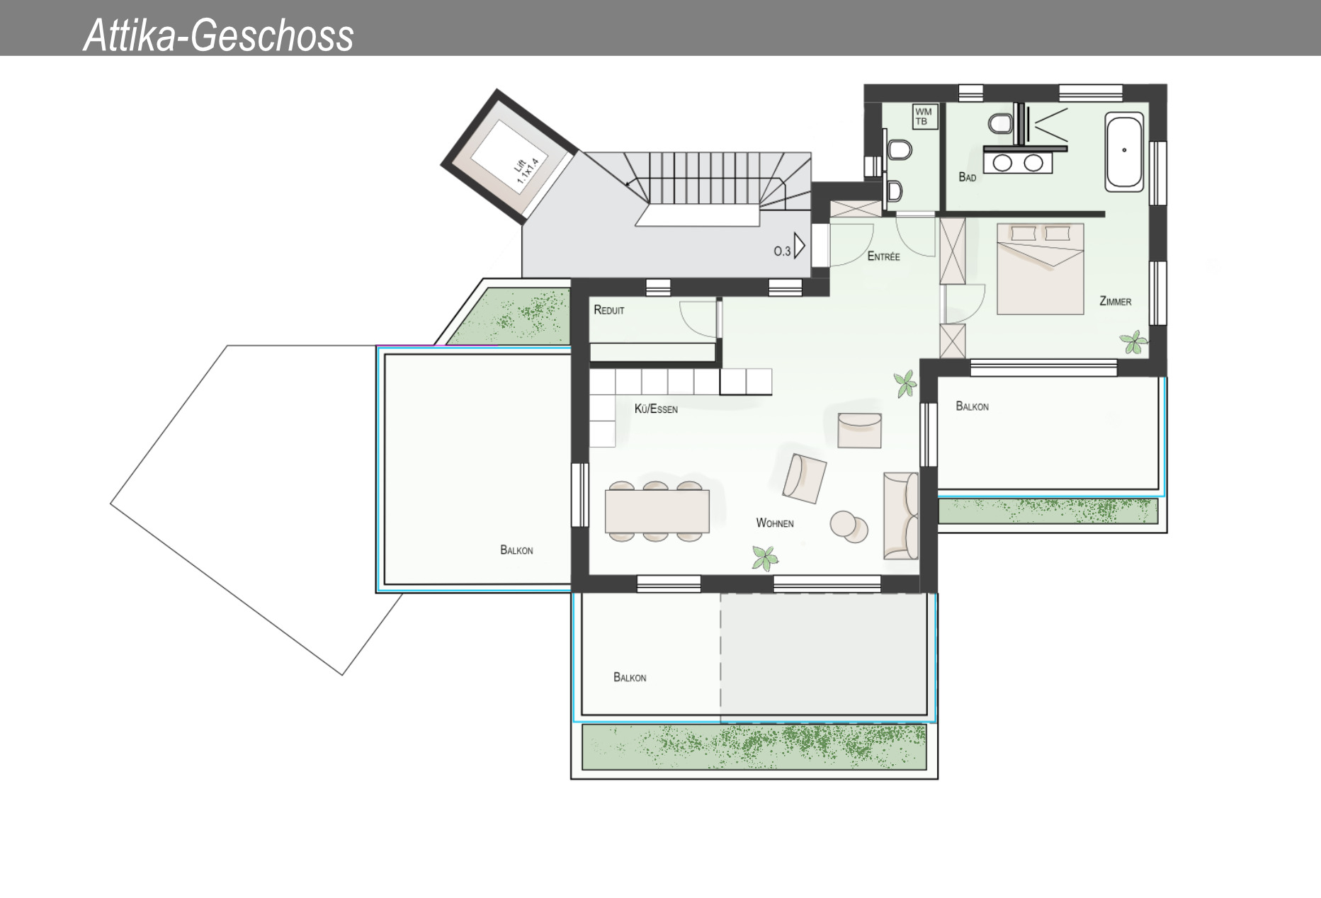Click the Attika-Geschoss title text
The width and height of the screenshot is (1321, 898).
pos(218,35)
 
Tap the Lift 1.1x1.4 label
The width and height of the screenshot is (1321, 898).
pos(526,172)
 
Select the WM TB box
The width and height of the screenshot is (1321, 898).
pos(923,117)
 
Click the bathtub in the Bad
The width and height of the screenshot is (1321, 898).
pos(1124,153)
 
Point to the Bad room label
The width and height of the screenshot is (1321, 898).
pos(967,177)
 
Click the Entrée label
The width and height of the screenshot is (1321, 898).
pos(883,256)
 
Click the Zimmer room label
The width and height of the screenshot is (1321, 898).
pos(1115,302)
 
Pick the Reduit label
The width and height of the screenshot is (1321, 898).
pos(609,310)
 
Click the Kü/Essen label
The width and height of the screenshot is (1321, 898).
pos(656,409)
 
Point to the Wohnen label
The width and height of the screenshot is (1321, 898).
pos(774,523)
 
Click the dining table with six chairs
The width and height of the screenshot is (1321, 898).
pos(657,511)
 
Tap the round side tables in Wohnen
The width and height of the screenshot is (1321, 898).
pos(849,526)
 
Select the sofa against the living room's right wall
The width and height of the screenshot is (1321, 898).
pos(901,515)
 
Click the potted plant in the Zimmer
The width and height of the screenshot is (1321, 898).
pos(1134,343)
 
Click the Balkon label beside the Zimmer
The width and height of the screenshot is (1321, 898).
pos(972,407)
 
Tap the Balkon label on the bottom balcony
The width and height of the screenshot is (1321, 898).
pos(630,678)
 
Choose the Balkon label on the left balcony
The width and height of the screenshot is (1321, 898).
pos(516,550)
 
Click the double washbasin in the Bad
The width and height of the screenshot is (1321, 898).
pos(1017,163)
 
